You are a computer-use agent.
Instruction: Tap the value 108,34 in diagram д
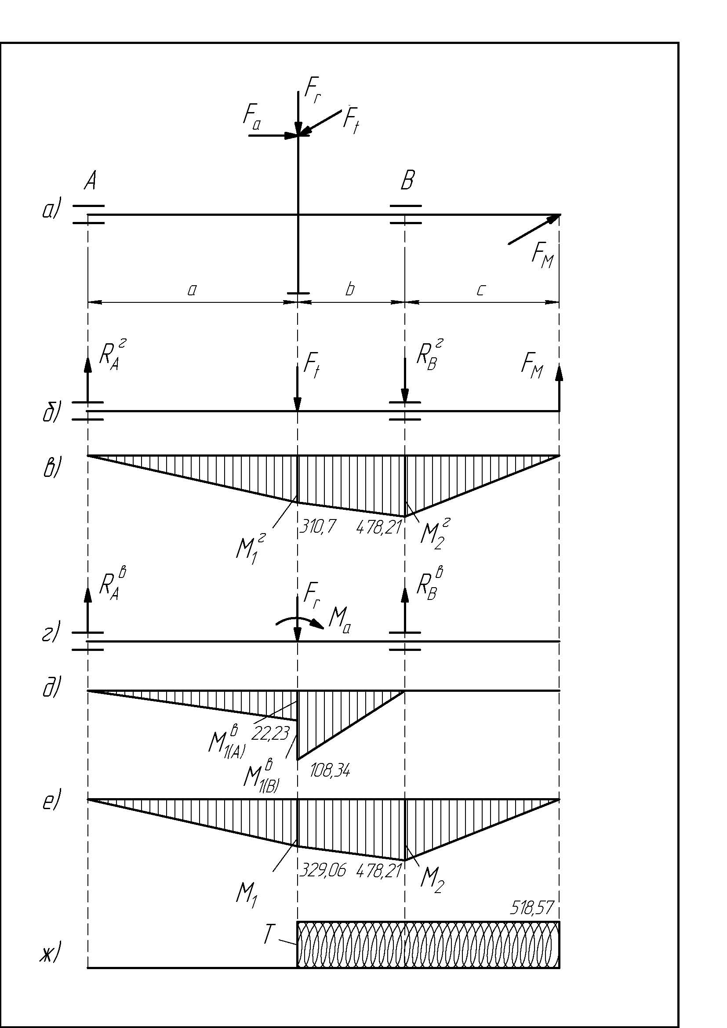[x=331, y=770]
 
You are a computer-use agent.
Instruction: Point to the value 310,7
[x=317, y=529]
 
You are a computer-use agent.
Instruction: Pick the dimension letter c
[x=480, y=291]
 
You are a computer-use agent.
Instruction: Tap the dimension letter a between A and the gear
[x=192, y=291]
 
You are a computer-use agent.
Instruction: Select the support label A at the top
[x=90, y=182]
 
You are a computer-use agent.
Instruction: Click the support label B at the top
[x=407, y=182]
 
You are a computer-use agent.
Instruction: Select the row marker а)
[x=50, y=210]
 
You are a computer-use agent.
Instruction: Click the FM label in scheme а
[x=542, y=258]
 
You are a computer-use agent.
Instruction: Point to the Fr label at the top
[x=313, y=91]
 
